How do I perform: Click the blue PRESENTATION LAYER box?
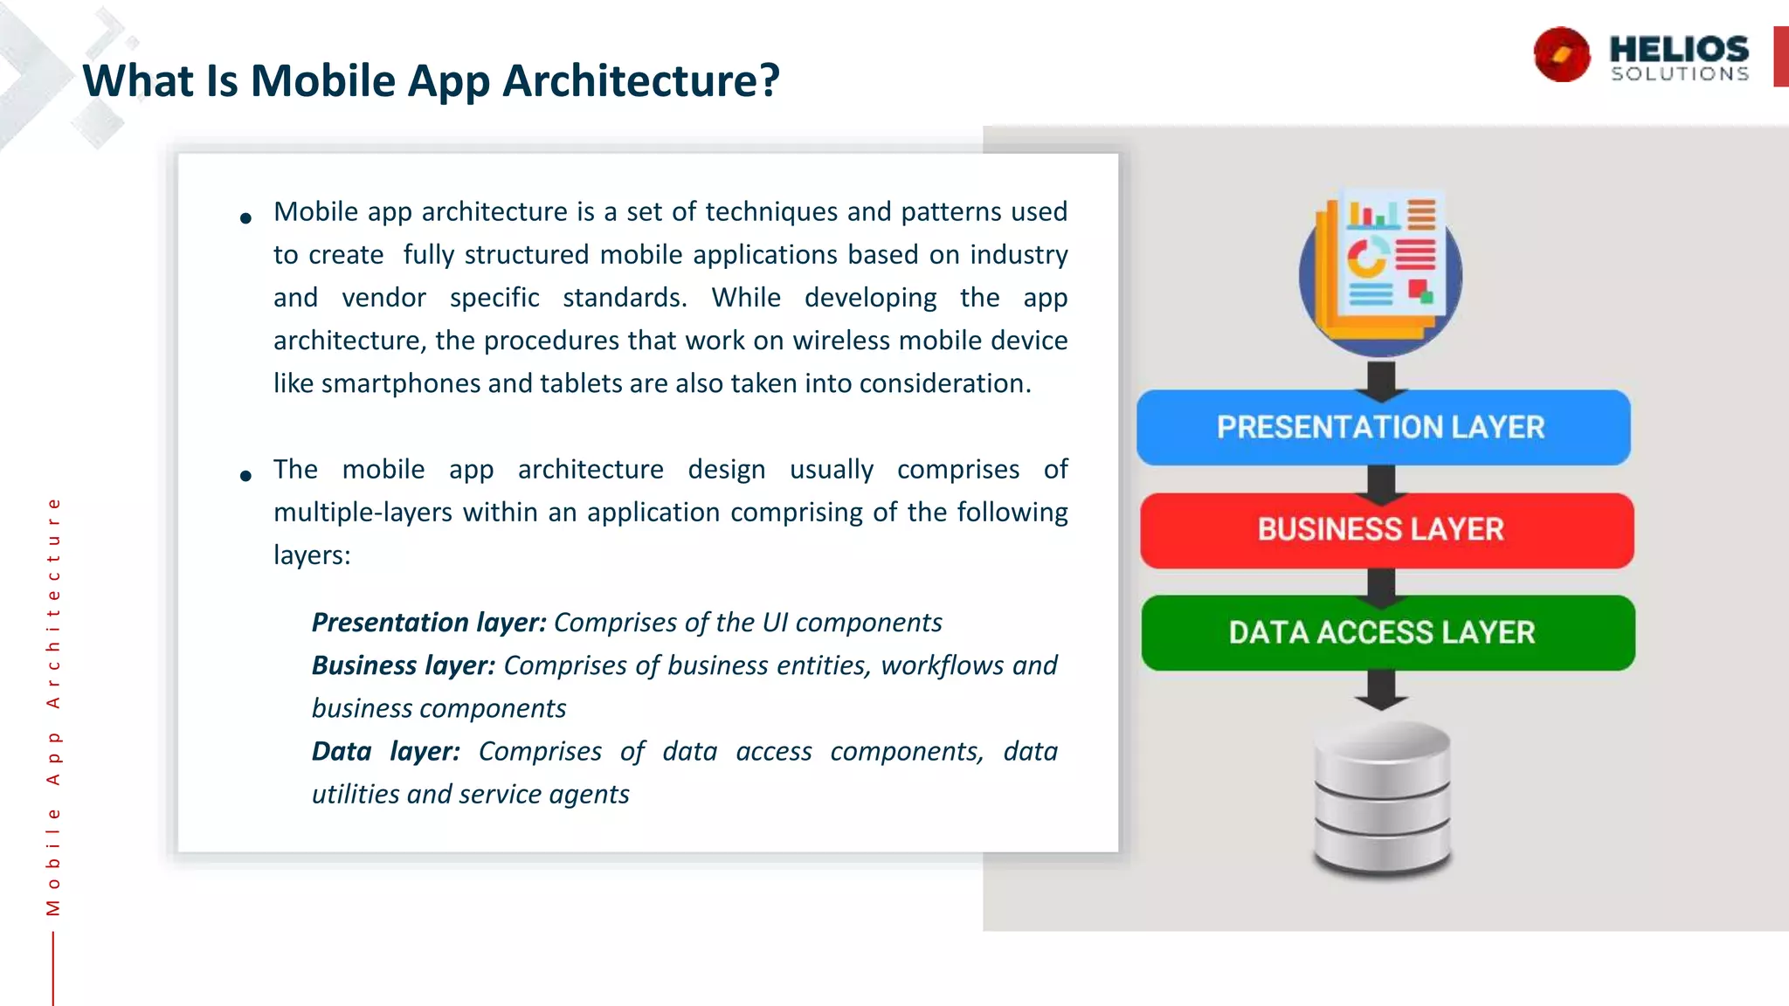[x=1383, y=427]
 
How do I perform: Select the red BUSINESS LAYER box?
[x=1385, y=530]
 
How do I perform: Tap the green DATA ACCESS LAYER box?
[x=1387, y=632]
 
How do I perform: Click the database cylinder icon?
[x=1382, y=796]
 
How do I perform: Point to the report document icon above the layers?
[x=1381, y=272]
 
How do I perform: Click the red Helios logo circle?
[x=1562, y=55]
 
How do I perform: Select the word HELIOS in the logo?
[x=1679, y=48]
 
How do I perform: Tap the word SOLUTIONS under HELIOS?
[x=1680, y=74]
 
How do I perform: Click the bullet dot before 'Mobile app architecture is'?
[x=245, y=218]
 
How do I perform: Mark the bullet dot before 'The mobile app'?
[x=245, y=476]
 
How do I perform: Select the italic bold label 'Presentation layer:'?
[x=429, y=623]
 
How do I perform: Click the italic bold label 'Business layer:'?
[x=404, y=665]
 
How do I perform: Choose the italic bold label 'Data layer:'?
[x=385, y=751]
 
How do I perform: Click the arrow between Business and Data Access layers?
[x=1382, y=585]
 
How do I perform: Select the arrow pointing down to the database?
[x=1381, y=690]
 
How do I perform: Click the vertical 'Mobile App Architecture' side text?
[x=53, y=706]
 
